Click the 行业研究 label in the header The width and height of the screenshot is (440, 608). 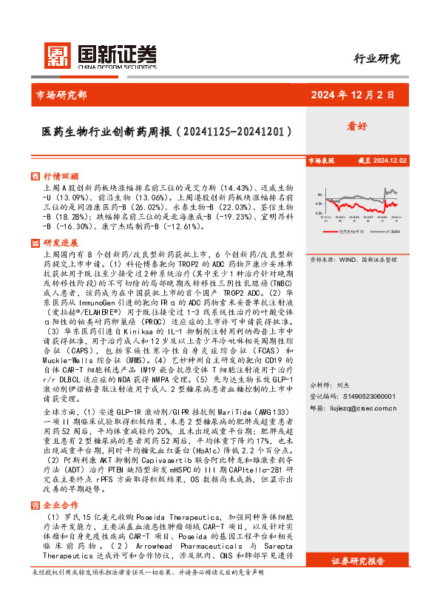[x=376, y=59]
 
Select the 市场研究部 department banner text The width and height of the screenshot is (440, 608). [x=61, y=95]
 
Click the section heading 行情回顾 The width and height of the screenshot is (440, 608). [x=61, y=177]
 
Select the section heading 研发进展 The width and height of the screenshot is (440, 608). [x=61, y=243]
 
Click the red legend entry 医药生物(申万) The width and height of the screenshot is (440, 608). [x=341, y=231]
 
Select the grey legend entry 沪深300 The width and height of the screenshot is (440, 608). [x=390, y=231]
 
